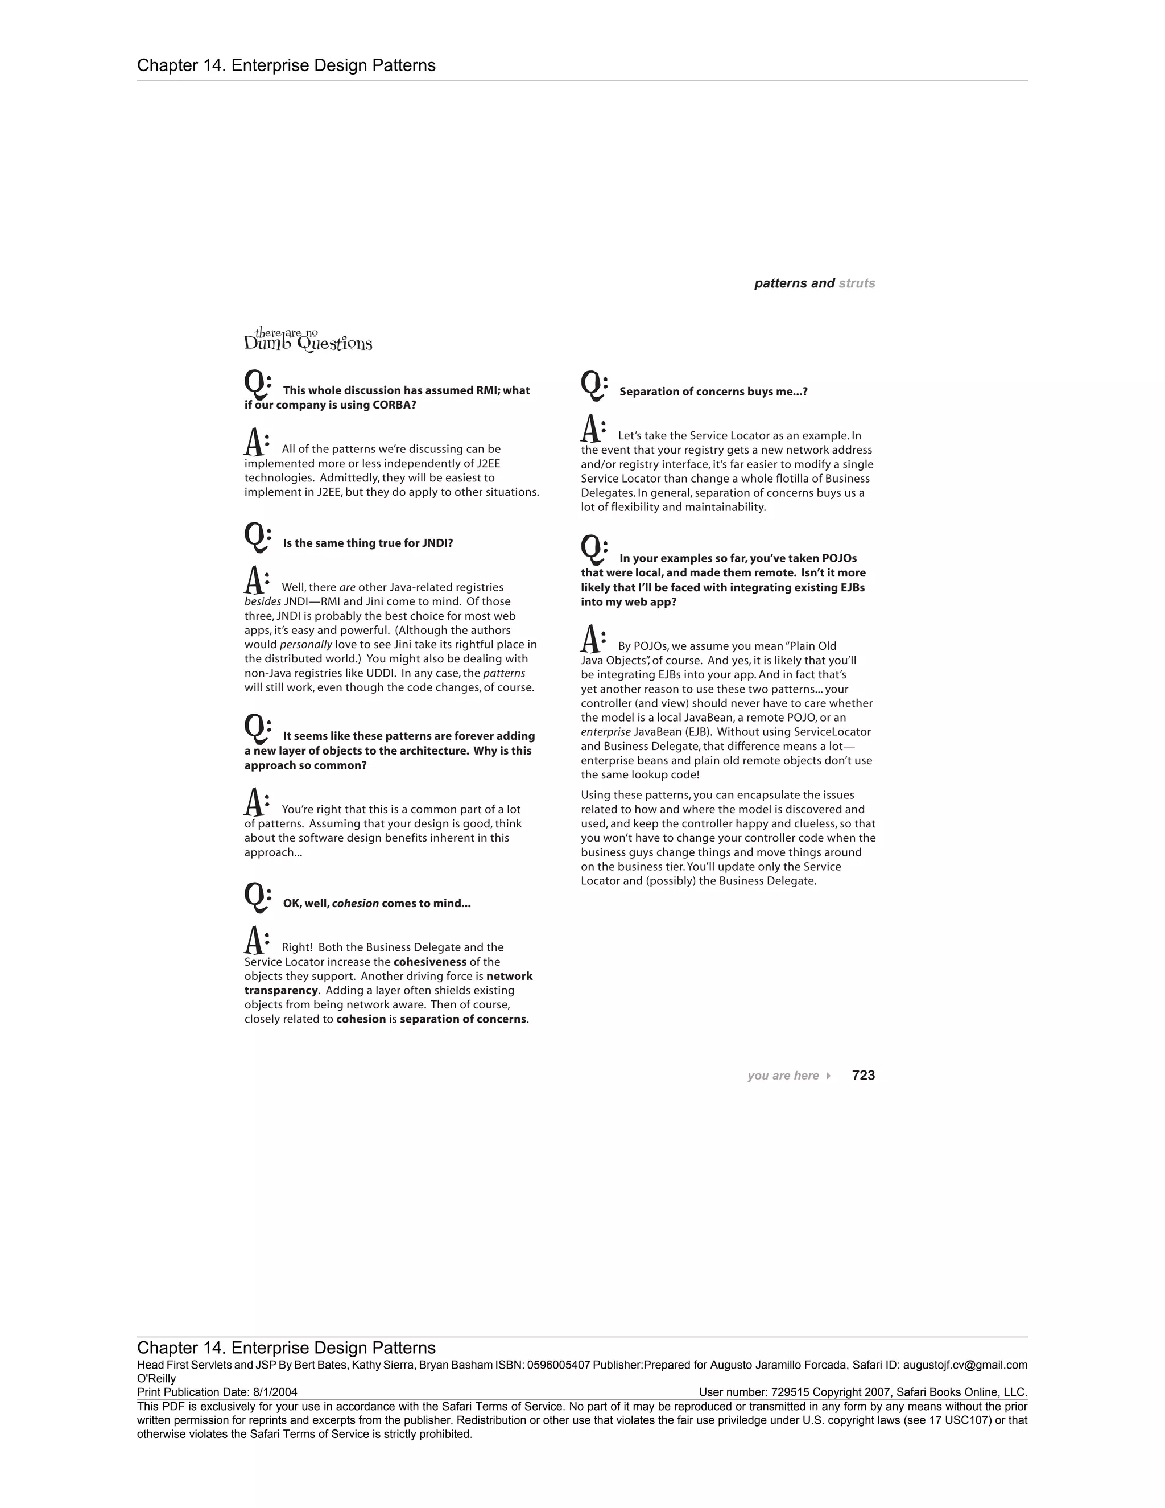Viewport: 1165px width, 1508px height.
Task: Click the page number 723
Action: [864, 1075]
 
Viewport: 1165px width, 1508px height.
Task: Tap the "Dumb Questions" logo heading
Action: [308, 340]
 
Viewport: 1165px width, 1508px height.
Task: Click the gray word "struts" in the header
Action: [857, 283]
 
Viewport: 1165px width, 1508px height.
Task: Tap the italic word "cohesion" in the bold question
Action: [356, 903]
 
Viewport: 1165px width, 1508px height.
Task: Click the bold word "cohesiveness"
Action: [430, 962]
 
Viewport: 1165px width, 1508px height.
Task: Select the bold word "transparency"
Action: [281, 990]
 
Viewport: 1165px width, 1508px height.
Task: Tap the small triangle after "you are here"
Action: [828, 1076]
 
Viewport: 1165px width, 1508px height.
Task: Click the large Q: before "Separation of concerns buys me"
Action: [593, 385]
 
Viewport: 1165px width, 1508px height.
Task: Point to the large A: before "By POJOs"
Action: [593, 640]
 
